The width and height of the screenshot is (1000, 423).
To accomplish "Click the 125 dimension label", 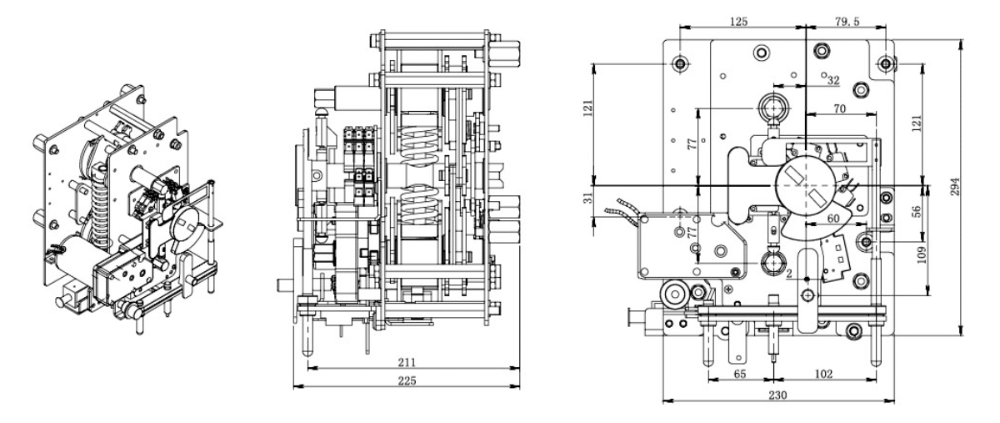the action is pos(738,21).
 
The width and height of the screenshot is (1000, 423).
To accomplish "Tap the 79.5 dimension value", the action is pos(847,21).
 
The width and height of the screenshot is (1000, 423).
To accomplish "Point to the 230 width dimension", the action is pos(777,395).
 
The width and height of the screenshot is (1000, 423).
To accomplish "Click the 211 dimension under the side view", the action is pos(407,362).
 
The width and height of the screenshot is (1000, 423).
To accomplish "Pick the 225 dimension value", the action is pos(407,380).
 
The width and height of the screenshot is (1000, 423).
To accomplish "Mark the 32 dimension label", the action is pos(833,80).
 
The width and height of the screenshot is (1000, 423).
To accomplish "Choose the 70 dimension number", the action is pos(839,108).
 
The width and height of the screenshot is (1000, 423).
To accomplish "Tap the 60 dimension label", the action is pos(833,219).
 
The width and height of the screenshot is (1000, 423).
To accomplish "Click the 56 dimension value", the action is pos(916,211).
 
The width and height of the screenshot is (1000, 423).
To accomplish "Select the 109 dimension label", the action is pos(922,254).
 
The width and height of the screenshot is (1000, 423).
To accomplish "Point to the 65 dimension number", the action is pos(740,374).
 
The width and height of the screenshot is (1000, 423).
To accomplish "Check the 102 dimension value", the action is pos(823,374).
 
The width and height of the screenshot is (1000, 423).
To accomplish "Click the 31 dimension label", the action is pos(589,198).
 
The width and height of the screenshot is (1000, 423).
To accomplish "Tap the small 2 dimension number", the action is pos(789,274).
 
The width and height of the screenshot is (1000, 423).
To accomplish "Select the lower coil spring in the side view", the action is pos(418,204).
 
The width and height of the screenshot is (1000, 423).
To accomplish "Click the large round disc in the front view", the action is pos(805,184).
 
